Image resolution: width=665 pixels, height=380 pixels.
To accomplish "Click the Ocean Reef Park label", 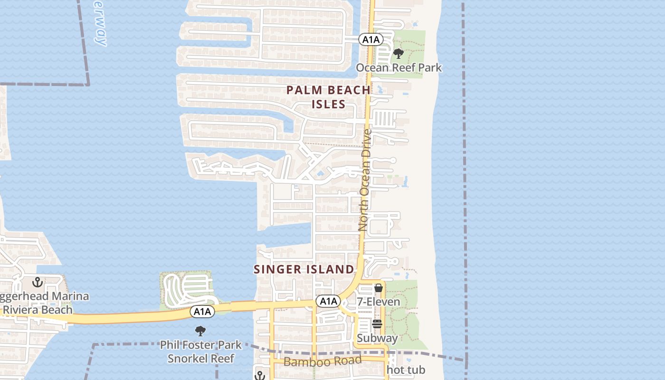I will [x=399, y=67].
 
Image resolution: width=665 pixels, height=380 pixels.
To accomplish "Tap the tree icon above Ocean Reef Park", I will [x=399, y=54].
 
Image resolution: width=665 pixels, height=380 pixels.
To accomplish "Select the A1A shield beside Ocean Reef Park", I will [x=370, y=39].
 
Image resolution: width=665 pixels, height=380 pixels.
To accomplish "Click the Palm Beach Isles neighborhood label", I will [x=329, y=97].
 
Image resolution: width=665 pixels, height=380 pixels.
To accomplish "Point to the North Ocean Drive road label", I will [x=364, y=180].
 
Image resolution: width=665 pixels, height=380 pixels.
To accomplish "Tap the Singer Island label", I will [x=304, y=269].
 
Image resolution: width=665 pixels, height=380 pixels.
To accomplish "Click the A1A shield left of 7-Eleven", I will [x=328, y=301].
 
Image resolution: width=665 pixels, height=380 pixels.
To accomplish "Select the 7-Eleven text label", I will [x=379, y=302].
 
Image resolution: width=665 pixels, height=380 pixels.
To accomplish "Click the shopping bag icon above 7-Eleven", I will [x=379, y=288].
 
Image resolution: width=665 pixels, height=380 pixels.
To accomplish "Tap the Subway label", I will [x=377, y=338].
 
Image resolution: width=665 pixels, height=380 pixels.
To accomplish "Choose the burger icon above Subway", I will [x=377, y=324].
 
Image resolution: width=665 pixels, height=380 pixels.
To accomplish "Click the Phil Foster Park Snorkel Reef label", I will [x=201, y=351].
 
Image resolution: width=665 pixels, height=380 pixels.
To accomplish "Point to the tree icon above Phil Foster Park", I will [x=200, y=331].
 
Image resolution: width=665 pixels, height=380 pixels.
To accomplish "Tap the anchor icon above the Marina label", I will [x=38, y=283].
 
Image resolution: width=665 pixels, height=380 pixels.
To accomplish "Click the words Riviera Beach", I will [x=38, y=310].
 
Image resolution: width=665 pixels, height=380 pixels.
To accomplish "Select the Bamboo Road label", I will [x=323, y=361].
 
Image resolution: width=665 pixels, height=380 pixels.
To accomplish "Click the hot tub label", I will [x=406, y=370].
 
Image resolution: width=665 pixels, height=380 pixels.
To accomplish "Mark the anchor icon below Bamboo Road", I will [x=259, y=375].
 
